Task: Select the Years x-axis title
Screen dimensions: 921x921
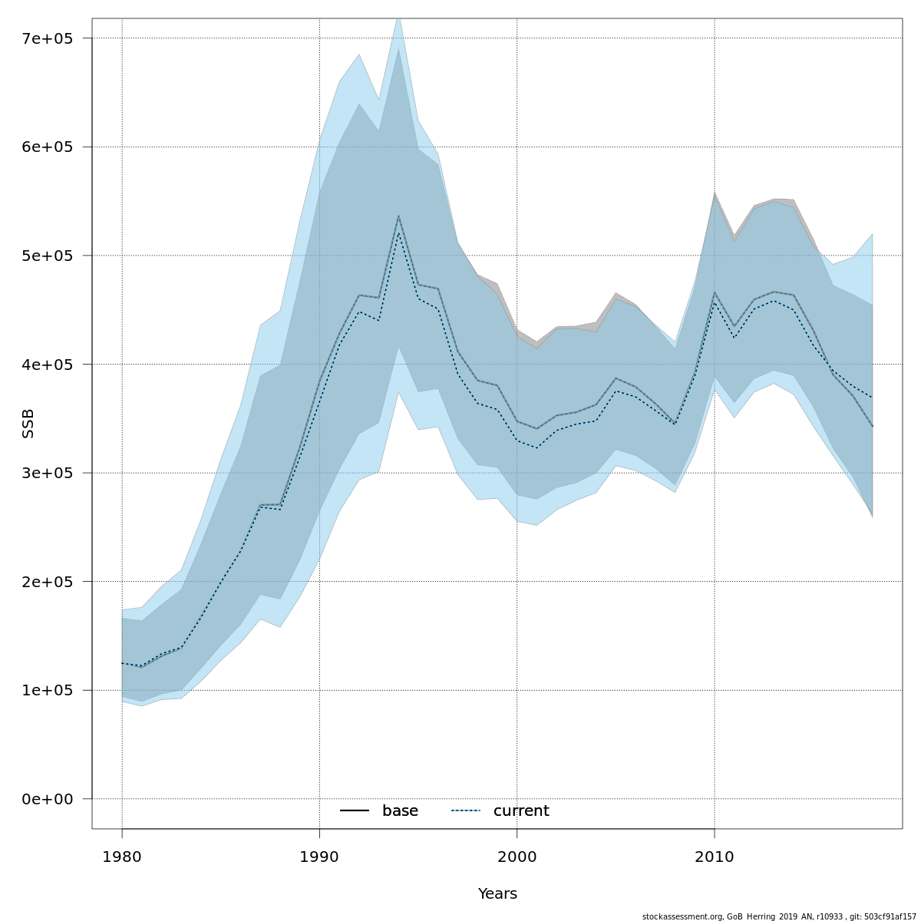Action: (497, 894)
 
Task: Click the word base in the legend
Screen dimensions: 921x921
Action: (400, 811)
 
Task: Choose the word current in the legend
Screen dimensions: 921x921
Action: (521, 811)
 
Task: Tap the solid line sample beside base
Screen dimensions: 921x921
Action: (355, 811)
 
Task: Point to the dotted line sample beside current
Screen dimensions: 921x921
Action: (465, 811)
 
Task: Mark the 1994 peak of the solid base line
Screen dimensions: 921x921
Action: (398, 216)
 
